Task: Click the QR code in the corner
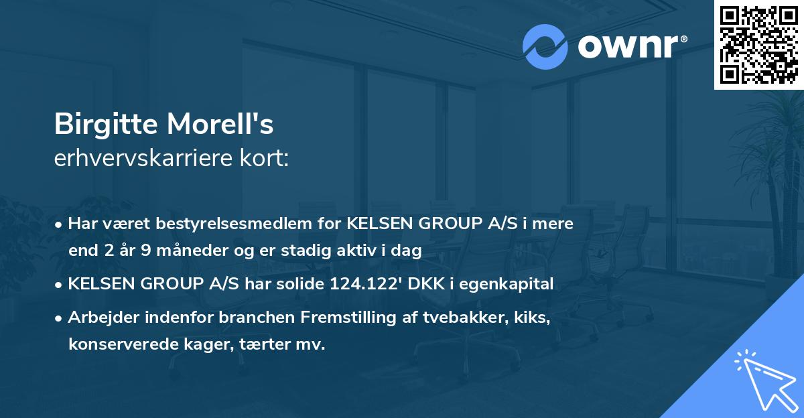[x=758, y=44]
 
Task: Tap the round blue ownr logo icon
[x=545, y=46]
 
